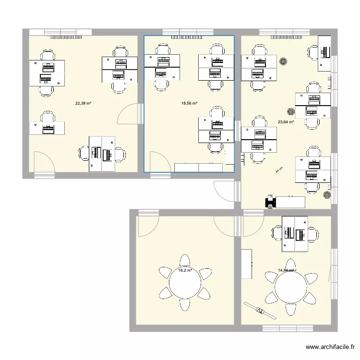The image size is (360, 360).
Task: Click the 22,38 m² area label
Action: (83, 103)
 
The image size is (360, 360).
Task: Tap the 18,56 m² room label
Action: (190, 103)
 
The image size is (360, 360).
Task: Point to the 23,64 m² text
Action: (286, 122)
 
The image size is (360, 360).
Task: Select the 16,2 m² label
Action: (185, 270)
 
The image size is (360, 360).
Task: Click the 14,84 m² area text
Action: (286, 270)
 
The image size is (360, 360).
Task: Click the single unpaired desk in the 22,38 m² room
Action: (47, 128)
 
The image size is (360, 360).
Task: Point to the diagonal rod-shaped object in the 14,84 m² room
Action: (260, 311)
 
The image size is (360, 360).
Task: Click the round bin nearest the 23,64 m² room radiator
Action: (284, 61)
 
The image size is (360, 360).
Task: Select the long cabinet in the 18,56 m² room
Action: (198, 167)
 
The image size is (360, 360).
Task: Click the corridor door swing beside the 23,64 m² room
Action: (225, 192)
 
